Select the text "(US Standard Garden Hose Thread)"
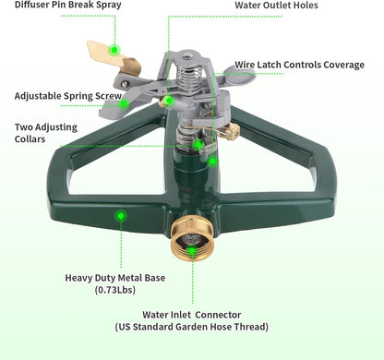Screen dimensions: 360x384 click(x=191, y=328)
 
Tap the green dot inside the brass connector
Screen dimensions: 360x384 click(x=191, y=250)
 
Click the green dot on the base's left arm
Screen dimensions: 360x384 click(x=120, y=216)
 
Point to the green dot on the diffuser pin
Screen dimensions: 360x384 click(x=114, y=49)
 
